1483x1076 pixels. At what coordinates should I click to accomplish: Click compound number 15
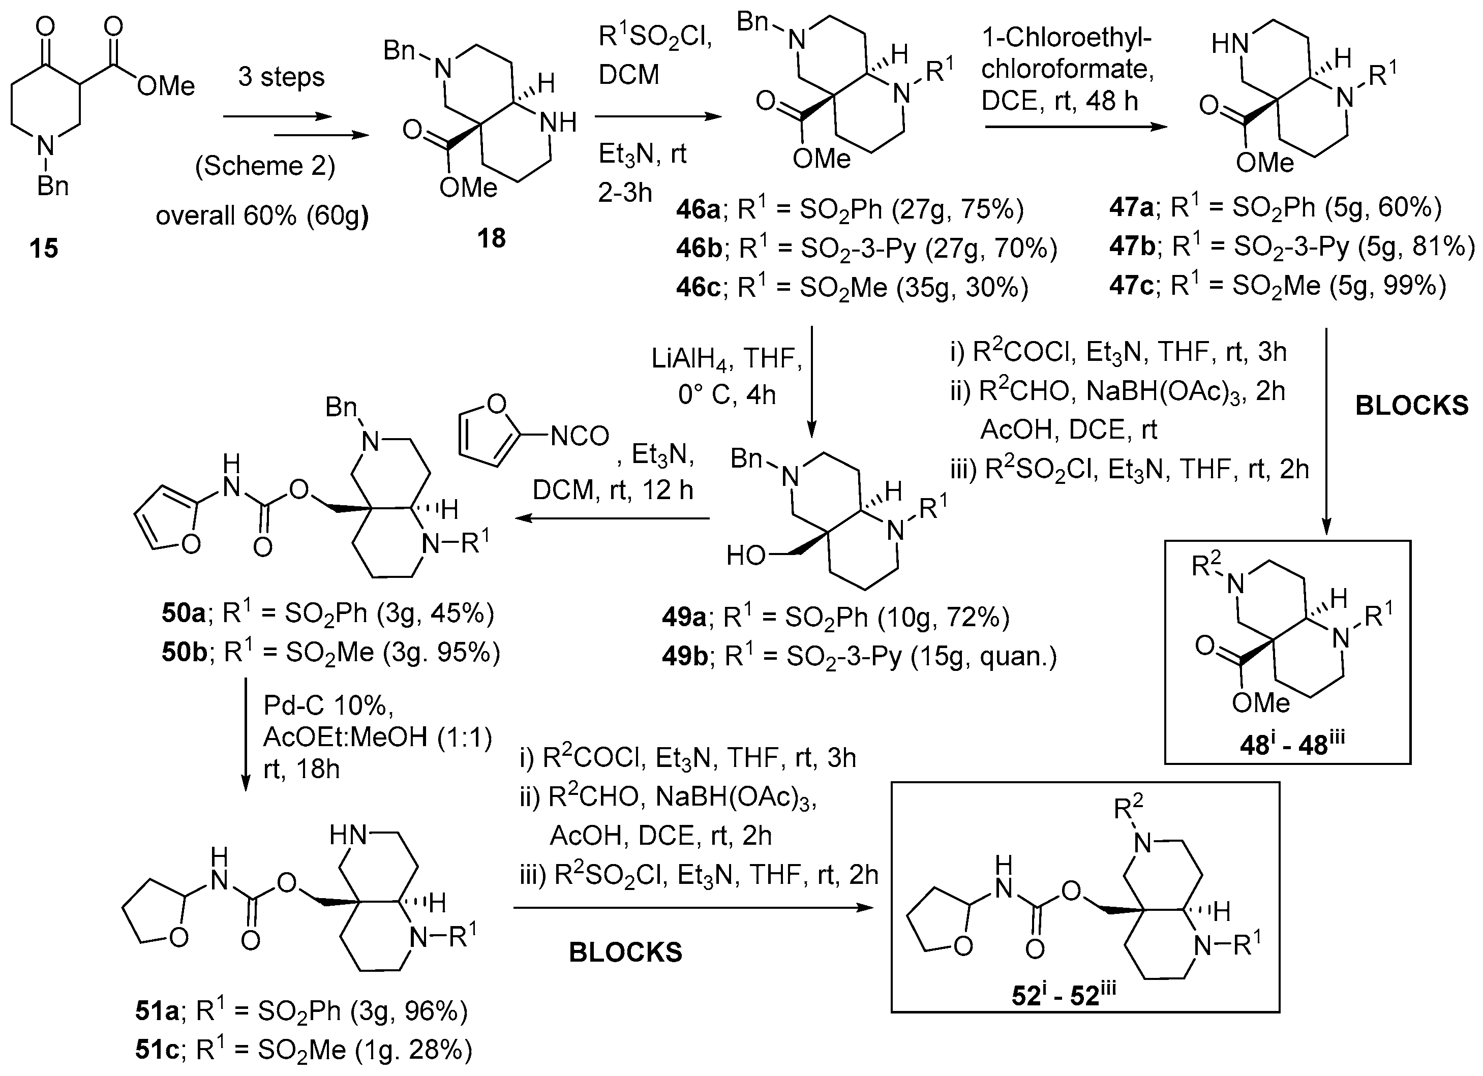[44, 249]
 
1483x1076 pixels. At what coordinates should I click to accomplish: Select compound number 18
[491, 238]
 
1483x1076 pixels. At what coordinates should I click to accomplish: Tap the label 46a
[698, 210]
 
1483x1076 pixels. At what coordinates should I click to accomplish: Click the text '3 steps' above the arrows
[281, 77]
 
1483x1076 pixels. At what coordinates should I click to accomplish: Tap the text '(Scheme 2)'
[265, 165]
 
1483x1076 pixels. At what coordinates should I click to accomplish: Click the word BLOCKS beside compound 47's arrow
[1412, 406]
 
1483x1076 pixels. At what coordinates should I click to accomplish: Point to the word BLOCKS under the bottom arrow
[625, 952]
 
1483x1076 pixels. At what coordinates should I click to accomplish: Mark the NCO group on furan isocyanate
[580, 436]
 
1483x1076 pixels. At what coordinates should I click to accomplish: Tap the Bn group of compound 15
[52, 187]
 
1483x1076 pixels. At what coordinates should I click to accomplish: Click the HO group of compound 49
[745, 556]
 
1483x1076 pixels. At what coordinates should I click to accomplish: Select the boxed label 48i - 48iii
[1287, 745]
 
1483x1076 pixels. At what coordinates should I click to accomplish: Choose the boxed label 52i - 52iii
[1063, 995]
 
